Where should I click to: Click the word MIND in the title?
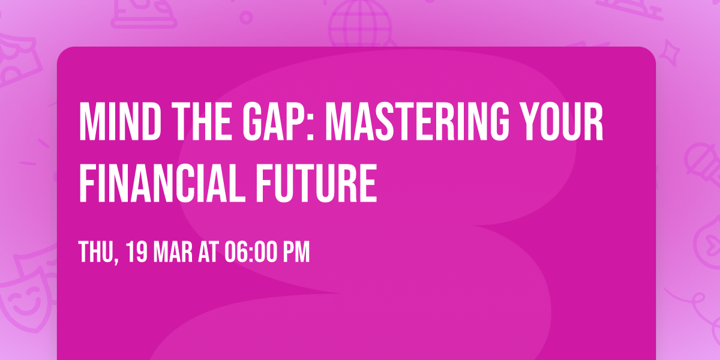coord(120,121)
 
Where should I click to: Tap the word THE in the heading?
coord(202,121)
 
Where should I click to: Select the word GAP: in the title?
coord(278,121)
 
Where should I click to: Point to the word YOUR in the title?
coord(562,121)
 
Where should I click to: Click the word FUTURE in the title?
coord(316,182)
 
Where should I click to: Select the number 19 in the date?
coord(137,252)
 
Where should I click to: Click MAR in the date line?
coord(173,252)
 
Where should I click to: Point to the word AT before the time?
coord(208,252)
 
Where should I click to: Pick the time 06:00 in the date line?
coord(251,252)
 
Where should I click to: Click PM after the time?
coord(296,252)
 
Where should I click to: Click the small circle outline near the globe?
coord(246,17)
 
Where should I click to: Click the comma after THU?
coord(116,260)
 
